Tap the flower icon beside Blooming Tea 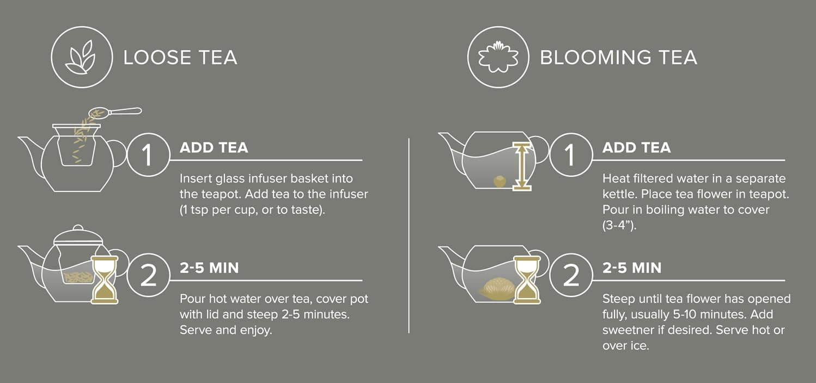point(498,57)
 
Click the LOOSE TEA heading point(180,58)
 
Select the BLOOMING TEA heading point(618,58)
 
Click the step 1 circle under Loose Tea point(148,155)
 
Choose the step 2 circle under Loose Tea point(148,276)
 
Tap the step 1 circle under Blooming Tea point(570,155)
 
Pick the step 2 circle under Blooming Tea point(570,276)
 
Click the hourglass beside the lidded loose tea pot point(104,280)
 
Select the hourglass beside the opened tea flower point(527,280)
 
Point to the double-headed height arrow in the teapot point(521,166)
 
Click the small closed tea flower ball point(497,181)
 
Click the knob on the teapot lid point(78,228)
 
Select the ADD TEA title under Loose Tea point(214,147)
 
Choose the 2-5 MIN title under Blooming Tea point(632,268)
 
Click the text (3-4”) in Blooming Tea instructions point(619,225)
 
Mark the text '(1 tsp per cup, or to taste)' point(252,210)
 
